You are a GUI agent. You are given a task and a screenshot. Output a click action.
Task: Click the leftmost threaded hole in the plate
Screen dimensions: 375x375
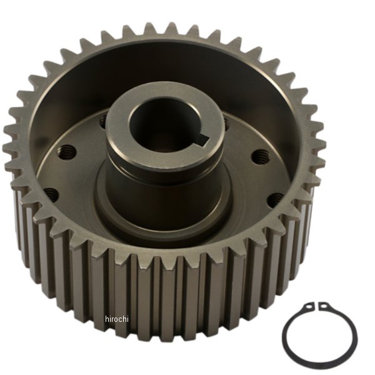click(x=51, y=195)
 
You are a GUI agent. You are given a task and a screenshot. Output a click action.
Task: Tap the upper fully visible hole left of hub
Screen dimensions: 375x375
click(x=67, y=151)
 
